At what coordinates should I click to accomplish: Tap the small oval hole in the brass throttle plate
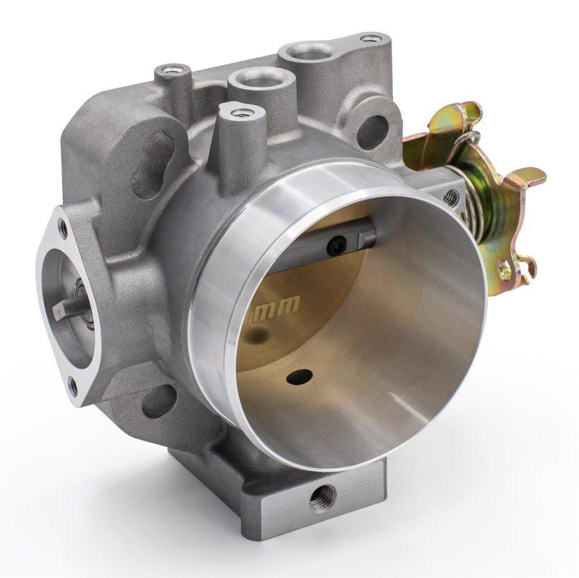[x=300, y=377]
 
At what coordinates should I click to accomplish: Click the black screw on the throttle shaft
[x=334, y=247]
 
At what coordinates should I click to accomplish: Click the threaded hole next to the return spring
[x=452, y=195]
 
